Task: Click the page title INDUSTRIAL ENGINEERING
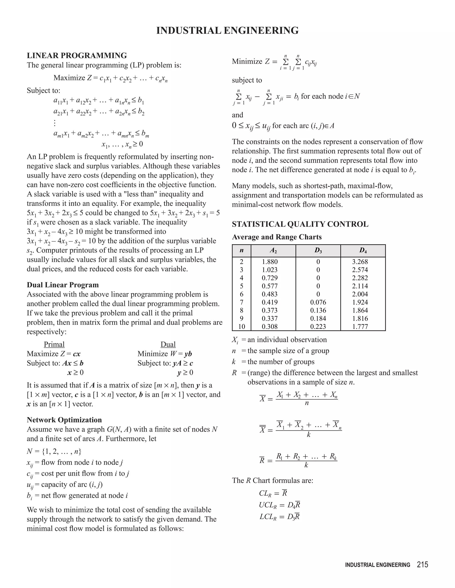[227, 30]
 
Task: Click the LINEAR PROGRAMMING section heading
[77, 55]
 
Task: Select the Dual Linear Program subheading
[62, 285]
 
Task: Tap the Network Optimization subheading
[64, 420]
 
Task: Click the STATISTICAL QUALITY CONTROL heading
[300, 224]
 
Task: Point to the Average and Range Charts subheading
[277, 237]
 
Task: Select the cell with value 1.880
[269, 262]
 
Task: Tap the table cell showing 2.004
[360, 294]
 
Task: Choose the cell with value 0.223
[318, 327]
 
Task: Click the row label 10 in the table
[241, 327]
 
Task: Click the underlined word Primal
[54, 344]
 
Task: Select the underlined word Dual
[168, 344]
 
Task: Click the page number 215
[422, 564]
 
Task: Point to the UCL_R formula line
[279, 505]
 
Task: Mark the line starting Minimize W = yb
[165, 354]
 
